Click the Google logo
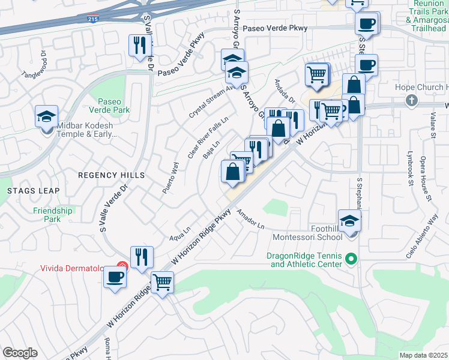coord(20,353)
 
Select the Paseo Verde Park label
coord(109,106)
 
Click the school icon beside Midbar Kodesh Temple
coord(46,117)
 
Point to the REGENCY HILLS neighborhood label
coord(112,175)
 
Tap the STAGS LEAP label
coord(33,191)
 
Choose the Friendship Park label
coord(53,215)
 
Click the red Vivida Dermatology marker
coord(122,266)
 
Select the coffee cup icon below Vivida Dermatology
coord(115,277)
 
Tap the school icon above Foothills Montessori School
coord(349,220)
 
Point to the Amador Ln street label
coord(250,219)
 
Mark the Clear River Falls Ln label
coord(208,137)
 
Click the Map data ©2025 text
coord(424,355)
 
